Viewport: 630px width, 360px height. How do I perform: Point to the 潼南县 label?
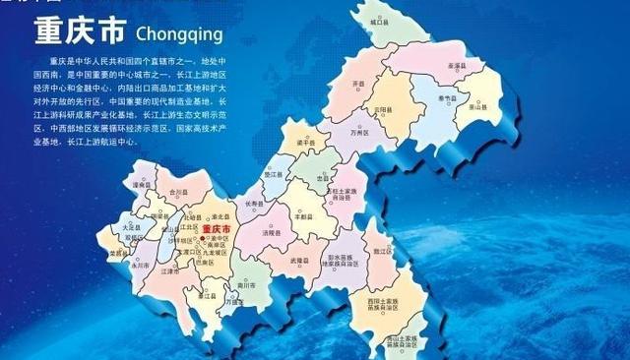tap(136, 184)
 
